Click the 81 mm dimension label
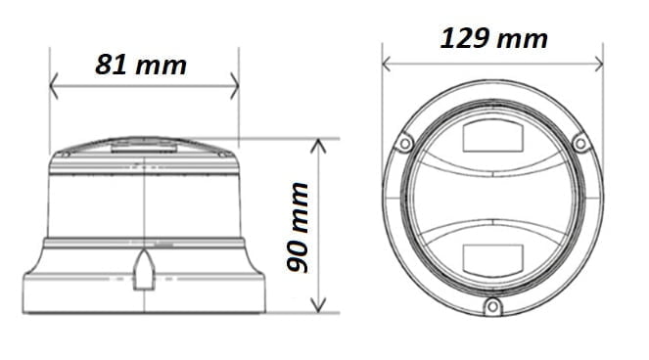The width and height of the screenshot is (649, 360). [141, 65]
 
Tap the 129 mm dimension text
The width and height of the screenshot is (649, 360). [493, 38]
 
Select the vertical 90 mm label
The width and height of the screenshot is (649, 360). [298, 227]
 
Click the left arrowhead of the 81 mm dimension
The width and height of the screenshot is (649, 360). [54, 86]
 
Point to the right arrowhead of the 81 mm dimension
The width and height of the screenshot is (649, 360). [235, 86]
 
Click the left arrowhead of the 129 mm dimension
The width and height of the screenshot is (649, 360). [387, 65]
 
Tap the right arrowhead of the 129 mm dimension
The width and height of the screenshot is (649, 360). [598, 65]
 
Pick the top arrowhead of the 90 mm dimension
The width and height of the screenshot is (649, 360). [318, 146]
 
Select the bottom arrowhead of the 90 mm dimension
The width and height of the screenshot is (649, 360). [318, 305]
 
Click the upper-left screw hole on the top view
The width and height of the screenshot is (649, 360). [405, 144]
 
